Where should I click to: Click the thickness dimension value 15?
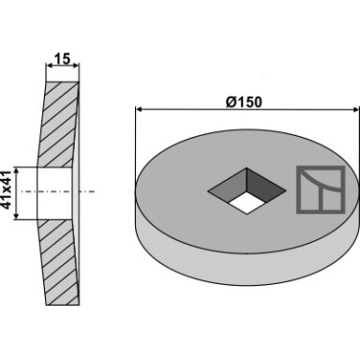click(x=63, y=59)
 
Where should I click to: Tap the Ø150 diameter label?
click(x=244, y=102)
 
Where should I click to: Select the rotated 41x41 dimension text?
click(x=7, y=190)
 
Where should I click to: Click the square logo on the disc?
click(x=321, y=189)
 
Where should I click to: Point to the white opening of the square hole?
click(x=247, y=202)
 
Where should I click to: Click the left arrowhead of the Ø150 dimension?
click(x=139, y=110)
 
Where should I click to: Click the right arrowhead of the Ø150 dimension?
click(x=356, y=110)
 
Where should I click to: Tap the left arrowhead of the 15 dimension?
click(x=49, y=66)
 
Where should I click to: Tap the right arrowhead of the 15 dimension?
click(x=76, y=66)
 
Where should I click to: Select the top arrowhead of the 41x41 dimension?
click(x=17, y=171)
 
